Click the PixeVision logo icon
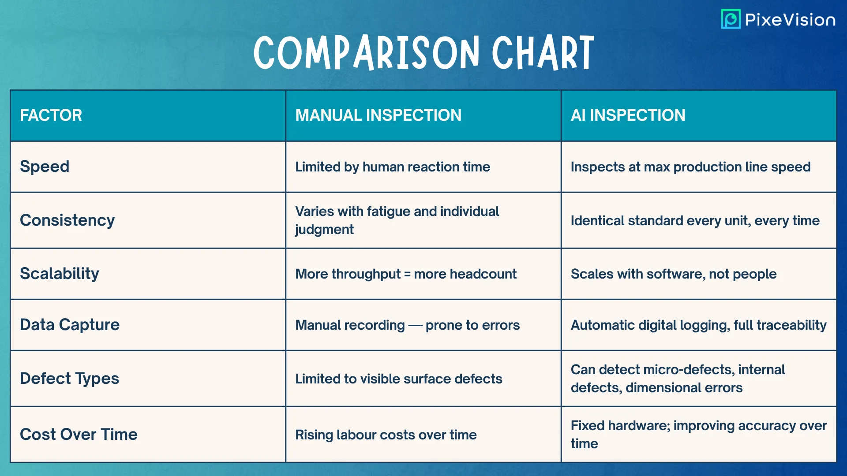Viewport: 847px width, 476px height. tap(731, 19)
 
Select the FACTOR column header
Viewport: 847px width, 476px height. tap(51, 115)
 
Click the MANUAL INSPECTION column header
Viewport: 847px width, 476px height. tap(379, 115)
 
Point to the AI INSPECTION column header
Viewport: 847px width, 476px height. tap(628, 115)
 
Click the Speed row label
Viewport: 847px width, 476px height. tap(45, 167)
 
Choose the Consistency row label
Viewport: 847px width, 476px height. tap(67, 220)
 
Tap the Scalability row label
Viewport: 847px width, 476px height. tap(60, 274)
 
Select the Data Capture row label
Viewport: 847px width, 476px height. tap(70, 325)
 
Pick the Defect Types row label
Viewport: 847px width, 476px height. tap(70, 379)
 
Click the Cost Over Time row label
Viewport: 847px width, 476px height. tap(79, 435)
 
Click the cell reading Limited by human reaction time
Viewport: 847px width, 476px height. tap(393, 167)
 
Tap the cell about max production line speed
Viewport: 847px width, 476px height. tap(691, 167)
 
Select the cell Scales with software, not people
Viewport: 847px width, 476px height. tap(674, 274)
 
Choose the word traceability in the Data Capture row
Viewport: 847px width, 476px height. tap(792, 325)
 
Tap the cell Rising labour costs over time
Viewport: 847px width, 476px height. tap(386, 435)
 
